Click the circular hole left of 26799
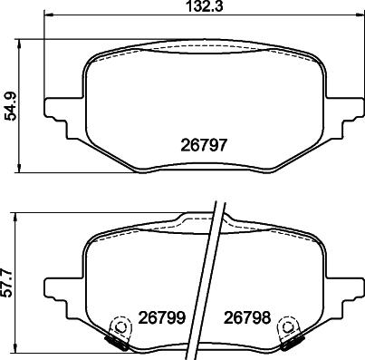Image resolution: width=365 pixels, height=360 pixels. tap(116, 326)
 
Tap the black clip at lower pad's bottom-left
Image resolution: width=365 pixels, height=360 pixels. tap(117, 342)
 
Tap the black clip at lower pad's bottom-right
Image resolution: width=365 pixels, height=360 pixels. tap(292, 342)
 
